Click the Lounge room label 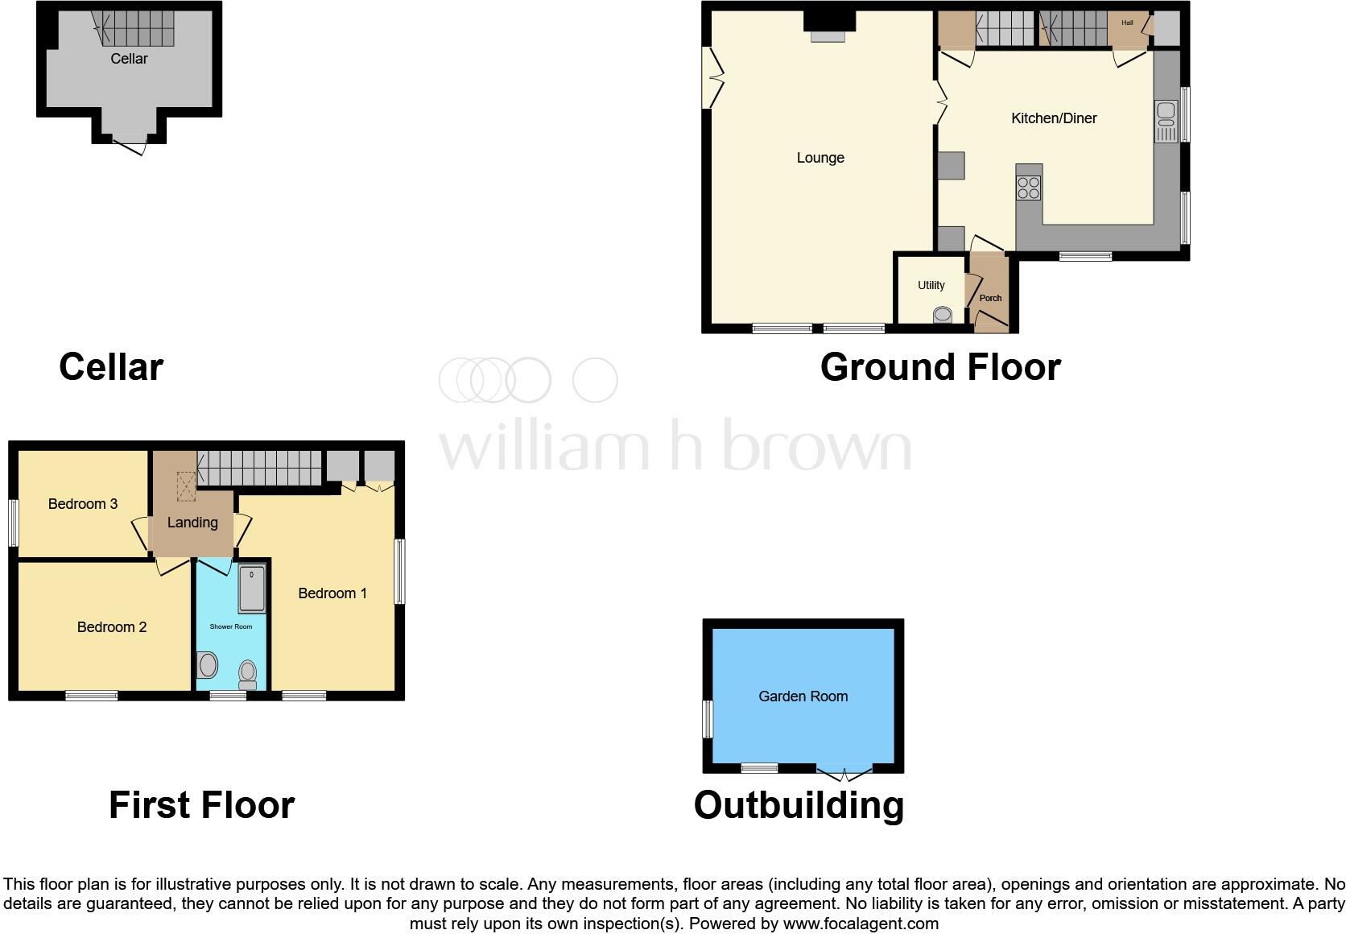[x=820, y=158]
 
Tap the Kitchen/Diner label [x=1054, y=118]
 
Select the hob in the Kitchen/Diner [x=1029, y=188]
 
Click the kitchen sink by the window [x=1165, y=120]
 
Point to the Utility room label [x=931, y=285]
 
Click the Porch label [x=990, y=298]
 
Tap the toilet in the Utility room [x=942, y=315]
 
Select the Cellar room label [x=129, y=59]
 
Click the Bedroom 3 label [x=83, y=504]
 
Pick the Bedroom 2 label [x=112, y=627]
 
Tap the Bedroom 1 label [x=332, y=593]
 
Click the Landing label [x=192, y=523]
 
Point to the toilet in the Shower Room [x=248, y=673]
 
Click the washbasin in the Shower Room [x=207, y=666]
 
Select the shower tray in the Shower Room [x=252, y=588]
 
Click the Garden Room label [x=803, y=696]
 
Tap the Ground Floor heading [x=940, y=367]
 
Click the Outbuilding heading [x=799, y=805]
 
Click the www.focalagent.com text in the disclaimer [x=861, y=924]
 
